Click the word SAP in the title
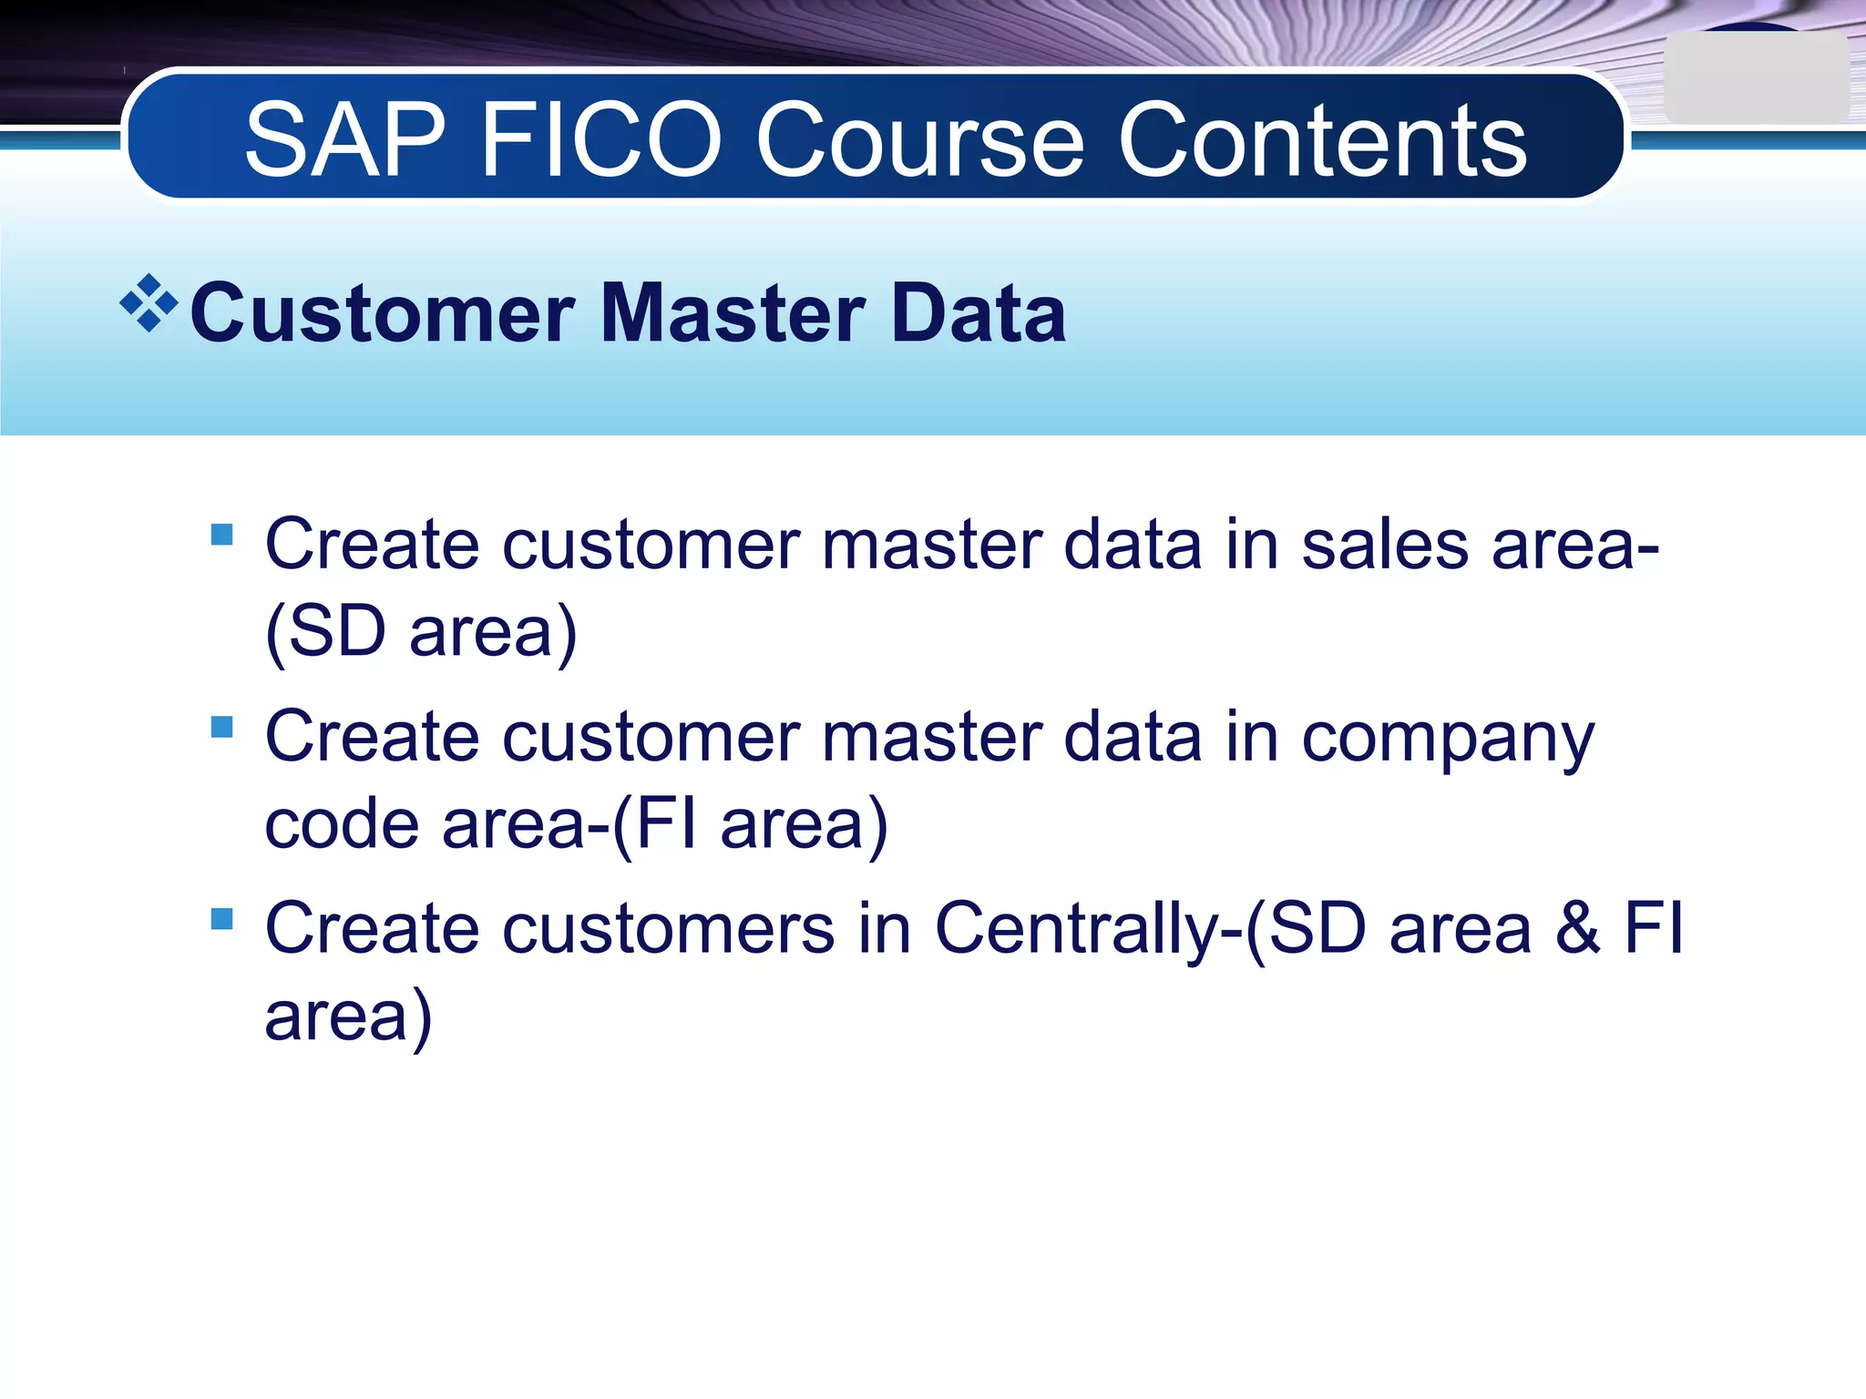point(344,141)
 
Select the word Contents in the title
point(1322,141)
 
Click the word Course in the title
point(920,141)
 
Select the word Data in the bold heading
point(977,313)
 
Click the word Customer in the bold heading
point(383,313)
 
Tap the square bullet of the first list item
point(221,534)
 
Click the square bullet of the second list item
point(221,726)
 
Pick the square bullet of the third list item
point(221,918)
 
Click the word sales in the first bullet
point(1385,546)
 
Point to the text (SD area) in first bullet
point(421,632)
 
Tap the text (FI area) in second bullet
point(749,824)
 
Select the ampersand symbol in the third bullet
point(1578,929)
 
